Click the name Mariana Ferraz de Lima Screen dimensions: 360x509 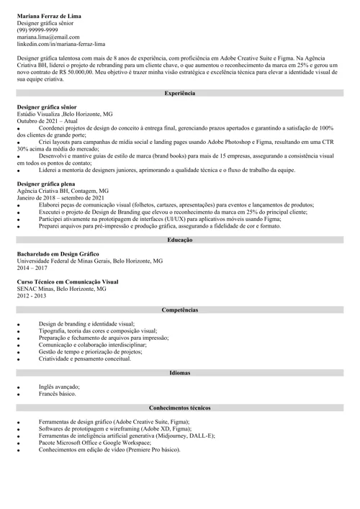[x=49, y=15]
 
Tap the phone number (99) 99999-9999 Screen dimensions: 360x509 [x=38, y=30]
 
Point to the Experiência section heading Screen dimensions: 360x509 [x=179, y=94]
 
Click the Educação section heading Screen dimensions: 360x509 [x=179, y=239]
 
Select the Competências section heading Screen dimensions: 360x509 [x=179, y=310]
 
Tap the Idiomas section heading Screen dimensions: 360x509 [x=179, y=373]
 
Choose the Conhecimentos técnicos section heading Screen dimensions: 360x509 [x=179, y=408]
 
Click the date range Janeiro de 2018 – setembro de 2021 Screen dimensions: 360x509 [x=60, y=198]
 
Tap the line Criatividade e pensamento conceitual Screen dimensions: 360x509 [x=90, y=359]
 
